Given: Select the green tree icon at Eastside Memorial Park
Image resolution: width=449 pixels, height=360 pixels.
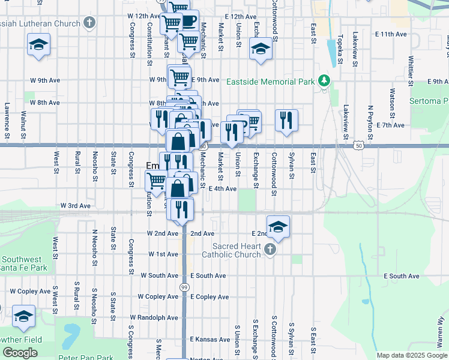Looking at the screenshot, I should click(324, 80).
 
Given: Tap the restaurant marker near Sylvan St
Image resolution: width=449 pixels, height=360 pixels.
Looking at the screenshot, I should click(287, 120).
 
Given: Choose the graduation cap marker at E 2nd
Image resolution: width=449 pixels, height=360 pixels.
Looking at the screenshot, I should click(278, 227).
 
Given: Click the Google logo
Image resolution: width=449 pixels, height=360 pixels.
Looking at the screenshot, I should click(20, 353).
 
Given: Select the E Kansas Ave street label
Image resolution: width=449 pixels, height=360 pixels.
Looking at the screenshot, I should click(210, 339).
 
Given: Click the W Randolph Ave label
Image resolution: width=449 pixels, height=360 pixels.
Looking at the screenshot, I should click(154, 317).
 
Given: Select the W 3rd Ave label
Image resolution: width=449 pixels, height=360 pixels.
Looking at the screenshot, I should click(75, 205).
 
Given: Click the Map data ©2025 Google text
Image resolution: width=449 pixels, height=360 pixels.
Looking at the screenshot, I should click(411, 355).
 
